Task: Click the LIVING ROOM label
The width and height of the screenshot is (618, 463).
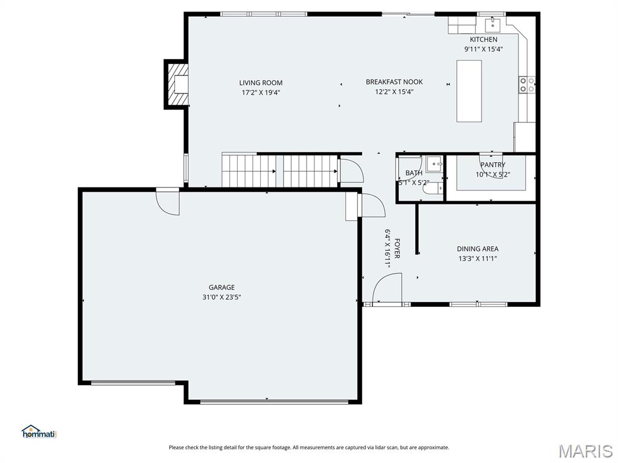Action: (x=261, y=83)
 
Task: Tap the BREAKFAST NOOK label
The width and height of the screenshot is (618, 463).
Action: (x=394, y=82)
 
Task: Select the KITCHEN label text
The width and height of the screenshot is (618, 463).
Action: (x=483, y=39)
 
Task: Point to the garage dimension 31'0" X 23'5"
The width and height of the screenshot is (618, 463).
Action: (x=222, y=297)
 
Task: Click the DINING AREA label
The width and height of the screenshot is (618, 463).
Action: (x=478, y=249)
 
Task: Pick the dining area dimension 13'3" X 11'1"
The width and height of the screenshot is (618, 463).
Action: (x=478, y=259)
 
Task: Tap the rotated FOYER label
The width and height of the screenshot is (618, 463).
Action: (x=397, y=248)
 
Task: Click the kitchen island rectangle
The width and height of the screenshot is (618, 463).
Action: (x=469, y=91)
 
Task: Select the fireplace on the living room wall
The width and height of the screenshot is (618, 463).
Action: (x=176, y=84)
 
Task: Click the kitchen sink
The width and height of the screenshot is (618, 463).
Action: (x=492, y=24)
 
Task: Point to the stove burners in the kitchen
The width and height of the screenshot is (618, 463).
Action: (x=527, y=84)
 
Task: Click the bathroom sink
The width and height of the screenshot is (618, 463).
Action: (x=435, y=164)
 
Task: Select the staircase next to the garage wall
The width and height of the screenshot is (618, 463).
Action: (x=280, y=171)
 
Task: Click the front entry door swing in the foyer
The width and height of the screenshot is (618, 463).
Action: (x=387, y=289)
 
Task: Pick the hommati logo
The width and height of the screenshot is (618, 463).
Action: (x=39, y=432)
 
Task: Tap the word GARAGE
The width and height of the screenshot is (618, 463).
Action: (x=222, y=288)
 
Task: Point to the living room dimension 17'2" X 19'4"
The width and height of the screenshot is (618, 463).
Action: (x=261, y=92)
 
